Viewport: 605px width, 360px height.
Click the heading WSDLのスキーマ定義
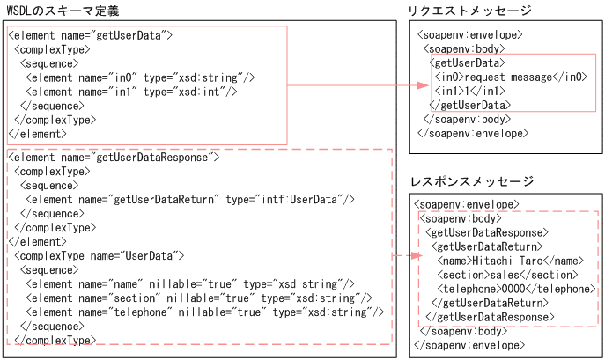coord(63,11)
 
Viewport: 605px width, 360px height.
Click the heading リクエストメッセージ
coord(469,11)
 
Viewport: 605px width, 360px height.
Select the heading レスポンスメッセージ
coord(472,182)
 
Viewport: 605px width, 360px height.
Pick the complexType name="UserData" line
coord(98,255)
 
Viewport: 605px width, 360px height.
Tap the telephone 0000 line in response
coord(516,289)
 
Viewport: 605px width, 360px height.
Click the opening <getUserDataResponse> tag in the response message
coord(483,232)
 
